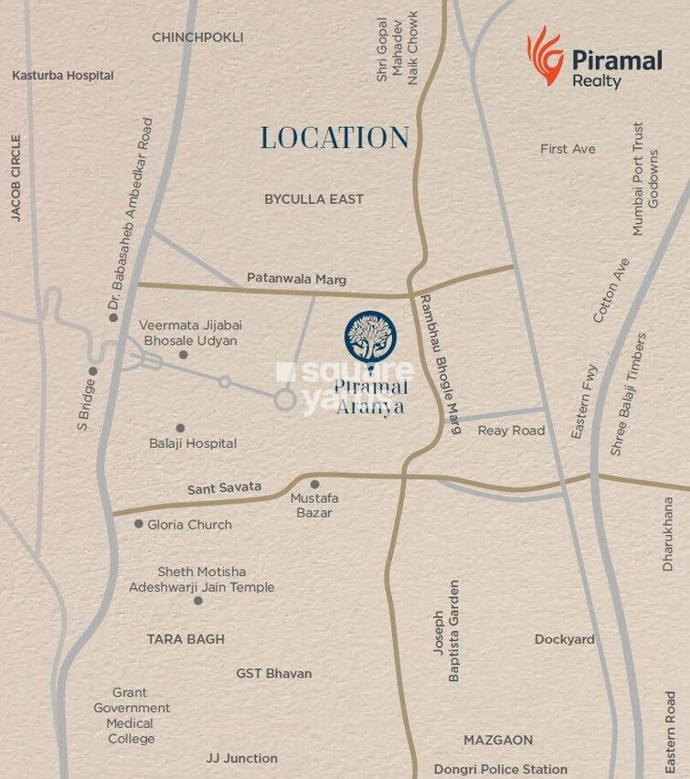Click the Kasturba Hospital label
62,75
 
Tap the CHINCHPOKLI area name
197,37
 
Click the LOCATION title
334,138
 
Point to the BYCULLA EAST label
313,198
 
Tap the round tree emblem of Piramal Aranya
370,336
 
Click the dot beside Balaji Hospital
180,428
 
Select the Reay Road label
511,430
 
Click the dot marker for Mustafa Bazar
314,485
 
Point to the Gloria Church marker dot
139,524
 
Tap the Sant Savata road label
224,488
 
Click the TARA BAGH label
186,639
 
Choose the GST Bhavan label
274,673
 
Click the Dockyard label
564,639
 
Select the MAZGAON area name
498,740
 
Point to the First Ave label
568,148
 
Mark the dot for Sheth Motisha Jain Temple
198,601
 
